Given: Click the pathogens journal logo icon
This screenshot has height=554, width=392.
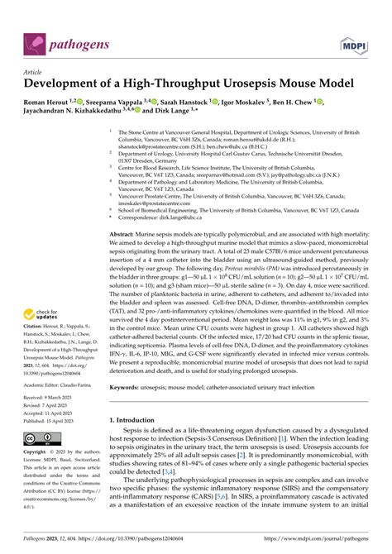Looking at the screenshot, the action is click(36, 42).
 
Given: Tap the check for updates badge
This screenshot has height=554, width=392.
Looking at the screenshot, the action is click(46, 314).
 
